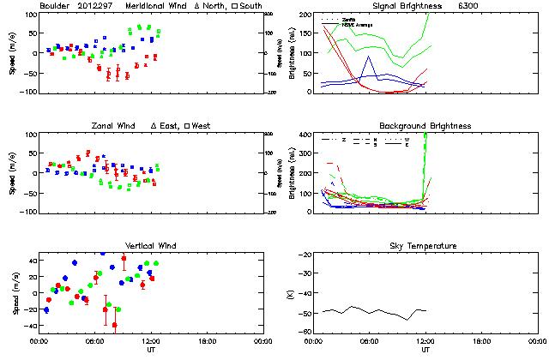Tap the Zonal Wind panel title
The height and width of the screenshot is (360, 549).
click(118, 127)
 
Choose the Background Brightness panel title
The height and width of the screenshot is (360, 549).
click(425, 127)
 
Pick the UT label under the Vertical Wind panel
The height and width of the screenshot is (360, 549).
click(151, 350)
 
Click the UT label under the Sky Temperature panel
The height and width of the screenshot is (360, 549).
click(425, 350)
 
